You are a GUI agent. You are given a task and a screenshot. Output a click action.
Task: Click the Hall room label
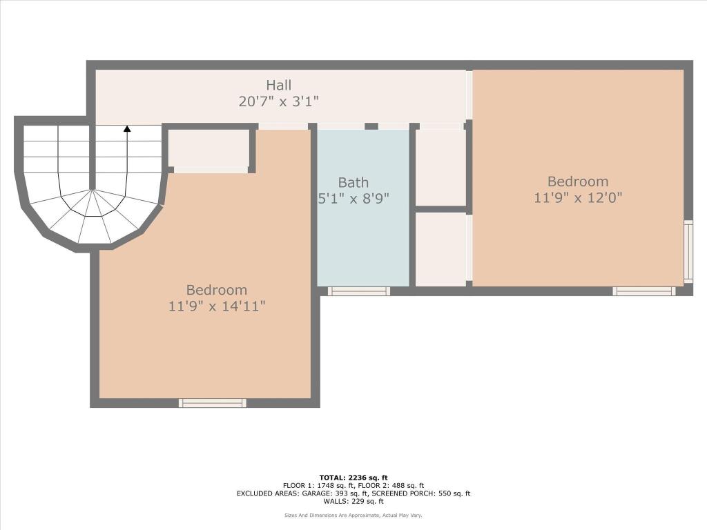pyautogui.click(x=279, y=85)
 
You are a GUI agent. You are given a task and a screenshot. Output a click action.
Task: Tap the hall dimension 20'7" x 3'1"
pyautogui.click(x=279, y=101)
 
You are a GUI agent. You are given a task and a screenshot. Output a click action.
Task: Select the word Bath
pyautogui.click(x=353, y=182)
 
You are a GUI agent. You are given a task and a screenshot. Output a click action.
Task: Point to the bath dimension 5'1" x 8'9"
pyautogui.click(x=353, y=199)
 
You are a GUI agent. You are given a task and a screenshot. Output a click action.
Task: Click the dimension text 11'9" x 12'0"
pyautogui.click(x=578, y=197)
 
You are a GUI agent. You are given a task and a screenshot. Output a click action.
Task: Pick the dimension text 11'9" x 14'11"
pyautogui.click(x=217, y=306)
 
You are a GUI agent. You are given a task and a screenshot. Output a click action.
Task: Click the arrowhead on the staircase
pyautogui.click(x=127, y=128)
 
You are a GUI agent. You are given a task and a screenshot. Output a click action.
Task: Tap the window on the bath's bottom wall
pyautogui.click(x=358, y=291)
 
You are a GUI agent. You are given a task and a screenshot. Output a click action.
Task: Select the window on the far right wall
pyautogui.click(x=688, y=252)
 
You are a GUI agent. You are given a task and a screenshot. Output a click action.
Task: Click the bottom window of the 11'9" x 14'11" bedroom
pyautogui.click(x=213, y=403)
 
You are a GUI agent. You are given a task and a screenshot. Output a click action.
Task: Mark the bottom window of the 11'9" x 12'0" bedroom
pyautogui.click(x=643, y=291)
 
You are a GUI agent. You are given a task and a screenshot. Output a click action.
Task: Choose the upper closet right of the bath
pyautogui.click(x=440, y=167)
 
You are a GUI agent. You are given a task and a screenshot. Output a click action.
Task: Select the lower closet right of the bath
pyautogui.click(x=440, y=248)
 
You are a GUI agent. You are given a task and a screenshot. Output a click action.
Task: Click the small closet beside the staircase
pyautogui.click(x=209, y=148)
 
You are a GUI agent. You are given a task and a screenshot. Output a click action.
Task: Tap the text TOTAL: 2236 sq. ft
pyautogui.click(x=353, y=478)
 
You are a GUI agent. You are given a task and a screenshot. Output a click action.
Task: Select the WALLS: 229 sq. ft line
pyautogui.click(x=353, y=502)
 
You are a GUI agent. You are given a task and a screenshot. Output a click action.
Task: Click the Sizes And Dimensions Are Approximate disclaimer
pyautogui.click(x=353, y=516)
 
